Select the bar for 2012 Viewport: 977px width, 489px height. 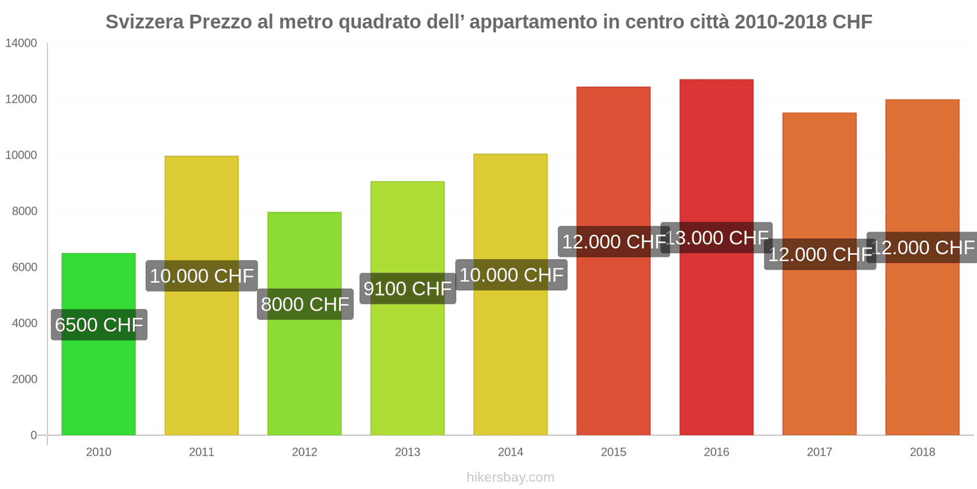click(x=304, y=373)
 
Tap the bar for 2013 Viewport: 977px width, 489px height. click(x=407, y=367)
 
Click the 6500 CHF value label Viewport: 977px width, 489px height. click(x=99, y=325)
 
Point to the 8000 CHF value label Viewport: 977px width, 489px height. click(x=305, y=304)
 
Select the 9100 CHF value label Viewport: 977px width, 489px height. click(x=407, y=289)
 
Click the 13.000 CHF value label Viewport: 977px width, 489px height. click(x=716, y=237)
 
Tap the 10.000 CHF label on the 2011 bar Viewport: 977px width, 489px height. click(x=202, y=276)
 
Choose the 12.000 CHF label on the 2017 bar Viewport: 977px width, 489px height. click(x=819, y=254)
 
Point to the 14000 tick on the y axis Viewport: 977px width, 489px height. click(x=21, y=43)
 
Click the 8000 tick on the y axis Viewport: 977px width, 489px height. click(x=24, y=211)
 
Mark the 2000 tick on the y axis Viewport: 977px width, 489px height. click(x=24, y=380)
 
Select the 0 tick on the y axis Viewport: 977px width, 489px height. click(x=34, y=435)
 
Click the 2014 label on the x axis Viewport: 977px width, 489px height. click(x=510, y=452)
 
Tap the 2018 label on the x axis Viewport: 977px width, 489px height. click(x=922, y=452)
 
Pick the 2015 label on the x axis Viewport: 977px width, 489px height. click(x=613, y=452)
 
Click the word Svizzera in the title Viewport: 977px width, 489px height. click(x=145, y=22)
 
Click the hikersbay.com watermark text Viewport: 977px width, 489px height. click(x=510, y=477)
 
